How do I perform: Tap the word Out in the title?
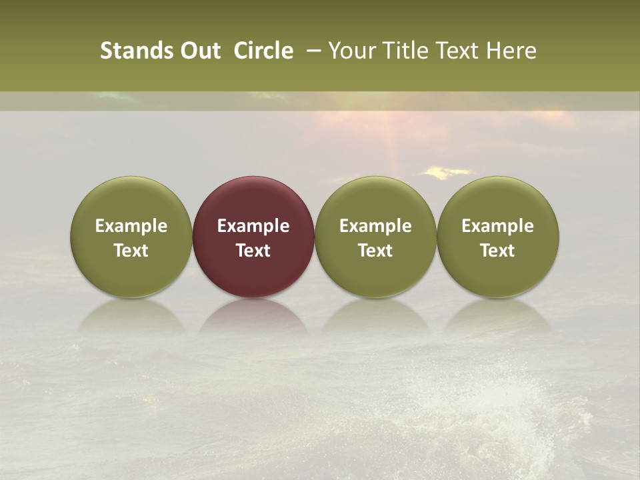coord(199,51)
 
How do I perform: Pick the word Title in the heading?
coord(407,51)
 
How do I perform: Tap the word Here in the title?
coord(512,51)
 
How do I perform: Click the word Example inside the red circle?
coord(253,226)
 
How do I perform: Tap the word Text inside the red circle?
coord(253,251)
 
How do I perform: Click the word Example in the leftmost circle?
coord(131,226)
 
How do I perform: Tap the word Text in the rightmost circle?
coord(498,251)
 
